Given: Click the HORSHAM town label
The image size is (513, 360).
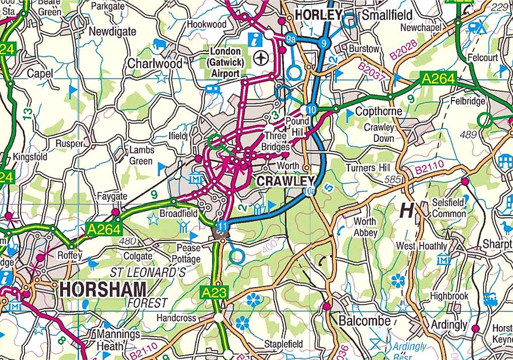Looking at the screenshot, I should pyautogui.click(x=103, y=290).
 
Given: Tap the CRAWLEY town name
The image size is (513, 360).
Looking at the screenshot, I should pyautogui.click(x=285, y=181).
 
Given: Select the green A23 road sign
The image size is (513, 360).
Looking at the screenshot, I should pyautogui.click(x=214, y=292).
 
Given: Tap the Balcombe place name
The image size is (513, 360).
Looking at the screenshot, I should pyautogui.click(x=364, y=321).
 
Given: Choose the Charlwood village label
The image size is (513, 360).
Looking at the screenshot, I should pyautogui.click(x=155, y=64).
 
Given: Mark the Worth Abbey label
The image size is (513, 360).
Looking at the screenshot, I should pyautogui.click(x=365, y=227).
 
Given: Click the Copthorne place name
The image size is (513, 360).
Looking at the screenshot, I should pyautogui.click(x=379, y=112).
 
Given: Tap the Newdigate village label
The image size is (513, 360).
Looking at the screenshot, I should pyautogui.click(x=112, y=32).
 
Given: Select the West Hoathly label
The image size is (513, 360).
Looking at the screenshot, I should pyautogui.click(x=421, y=246).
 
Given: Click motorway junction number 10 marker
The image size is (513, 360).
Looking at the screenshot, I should pyautogui.click(x=311, y=109).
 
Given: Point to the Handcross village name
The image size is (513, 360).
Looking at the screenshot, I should pyautogui.click(x=176, y=318).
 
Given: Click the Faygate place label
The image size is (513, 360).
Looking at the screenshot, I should pyautogui.click(x=112, y=197).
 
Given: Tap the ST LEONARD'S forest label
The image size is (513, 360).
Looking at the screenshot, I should pyautogui.click(x=148, y=272).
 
